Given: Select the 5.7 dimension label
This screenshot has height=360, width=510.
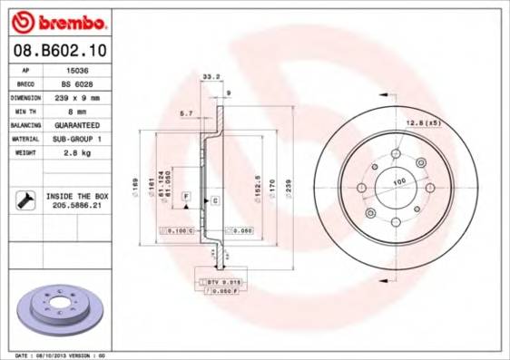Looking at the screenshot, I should coord(187,113).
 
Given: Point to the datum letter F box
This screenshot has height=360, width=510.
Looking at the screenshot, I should coord(186,196).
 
